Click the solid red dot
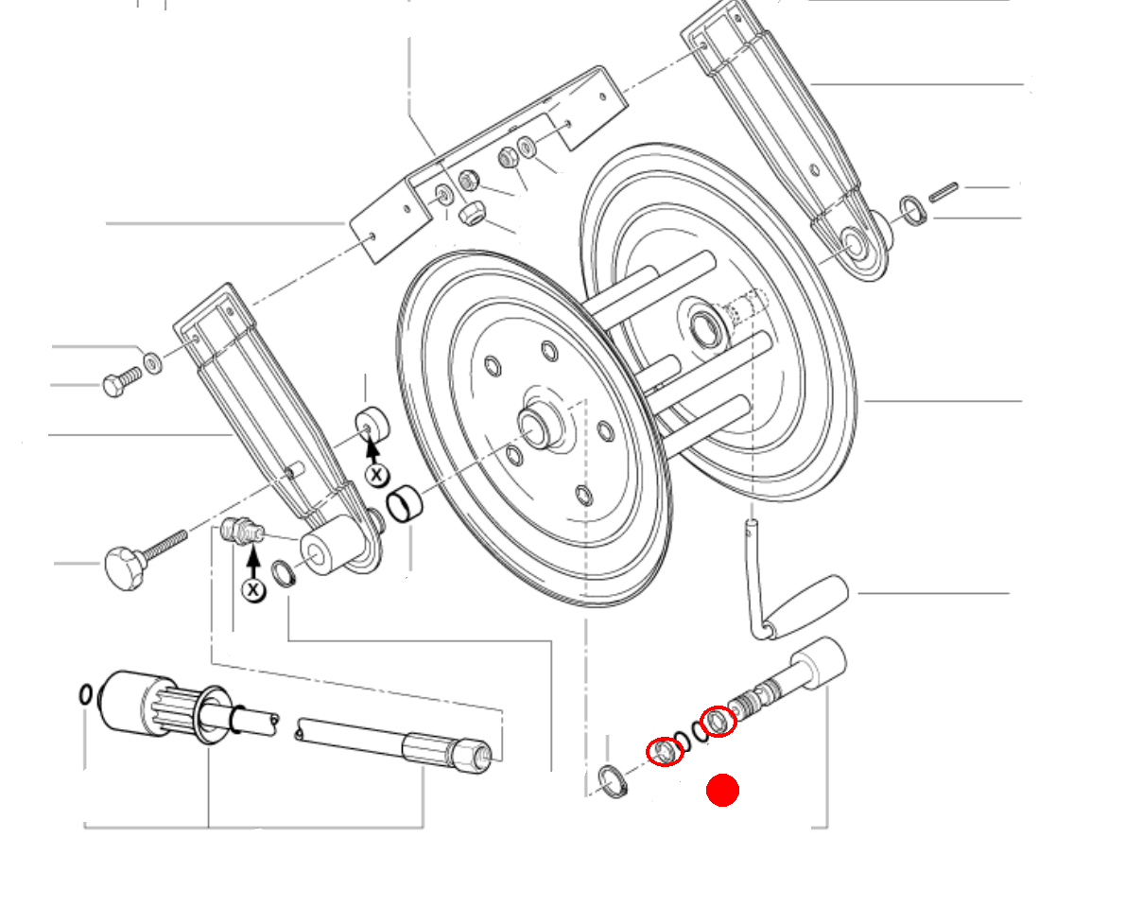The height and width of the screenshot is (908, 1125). point(722,791)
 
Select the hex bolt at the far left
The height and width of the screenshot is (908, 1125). point(117,384)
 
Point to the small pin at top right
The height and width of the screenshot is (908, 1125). point(943,191)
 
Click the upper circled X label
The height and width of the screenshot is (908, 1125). point(376,474)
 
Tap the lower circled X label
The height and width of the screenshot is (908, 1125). point(252,590)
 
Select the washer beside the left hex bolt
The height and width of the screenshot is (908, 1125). point(151,361)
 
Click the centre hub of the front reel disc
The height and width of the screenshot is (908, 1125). point(535,426)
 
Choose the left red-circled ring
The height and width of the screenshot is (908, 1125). point(665,751)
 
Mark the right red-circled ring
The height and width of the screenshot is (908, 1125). point(718,722)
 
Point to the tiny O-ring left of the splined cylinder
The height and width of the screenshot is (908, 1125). point(86,694)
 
